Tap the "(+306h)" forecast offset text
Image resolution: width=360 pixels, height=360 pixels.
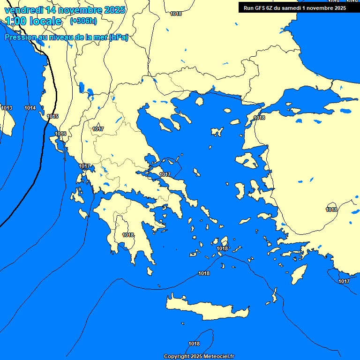[83, 21]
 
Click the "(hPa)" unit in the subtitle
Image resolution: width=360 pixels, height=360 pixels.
[119, 37]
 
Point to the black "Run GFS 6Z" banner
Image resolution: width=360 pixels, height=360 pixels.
[295, 7]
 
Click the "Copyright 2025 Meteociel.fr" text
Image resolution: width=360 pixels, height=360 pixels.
[199, 356]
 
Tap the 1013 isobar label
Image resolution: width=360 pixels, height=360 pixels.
[7, 108]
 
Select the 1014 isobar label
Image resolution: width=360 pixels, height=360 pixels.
[30, 108]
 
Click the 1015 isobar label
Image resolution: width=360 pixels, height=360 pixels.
[52, 116]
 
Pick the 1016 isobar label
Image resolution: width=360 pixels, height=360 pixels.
[60, 134]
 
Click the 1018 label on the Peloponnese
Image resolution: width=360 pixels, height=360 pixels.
[128, 235]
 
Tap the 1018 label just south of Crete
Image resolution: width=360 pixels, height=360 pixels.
[194, 344]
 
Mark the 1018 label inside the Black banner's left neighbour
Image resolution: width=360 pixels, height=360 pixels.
[176, 14]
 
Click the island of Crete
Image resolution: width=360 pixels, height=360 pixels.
[206, 307]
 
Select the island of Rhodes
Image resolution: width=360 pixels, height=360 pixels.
[298, 273]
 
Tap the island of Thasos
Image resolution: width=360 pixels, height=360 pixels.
[199, 101]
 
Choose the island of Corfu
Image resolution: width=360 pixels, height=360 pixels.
[58, 143]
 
